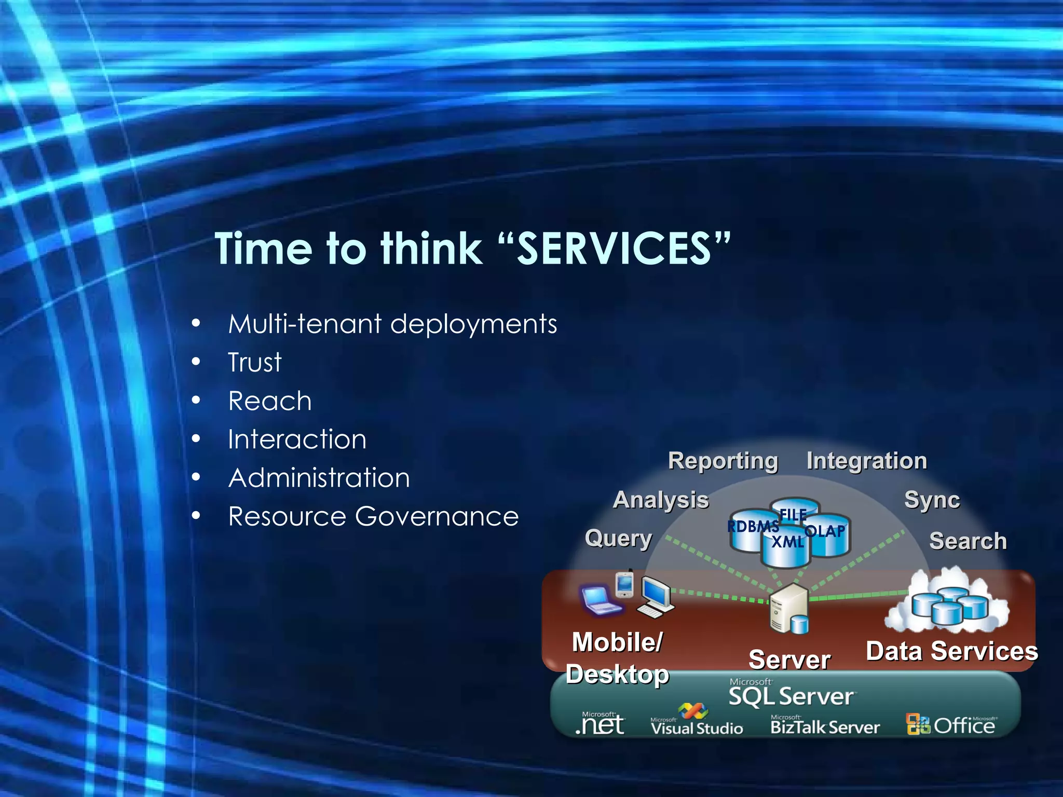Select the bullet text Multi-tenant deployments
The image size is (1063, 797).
[392, 324]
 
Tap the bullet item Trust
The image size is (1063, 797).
[254, 362]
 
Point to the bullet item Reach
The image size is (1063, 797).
[270, 401]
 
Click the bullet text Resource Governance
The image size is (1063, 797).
[373, 516]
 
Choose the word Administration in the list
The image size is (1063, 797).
[319, 478]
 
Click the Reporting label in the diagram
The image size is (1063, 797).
[723, 461]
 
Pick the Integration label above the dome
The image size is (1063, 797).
[866, 461]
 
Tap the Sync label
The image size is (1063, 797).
[932, 500]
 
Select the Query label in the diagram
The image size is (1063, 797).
[618, 538]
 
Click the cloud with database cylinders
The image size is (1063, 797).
[948, 602]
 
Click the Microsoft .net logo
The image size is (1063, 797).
[601, 724]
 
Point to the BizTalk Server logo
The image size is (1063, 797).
[825, 725]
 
